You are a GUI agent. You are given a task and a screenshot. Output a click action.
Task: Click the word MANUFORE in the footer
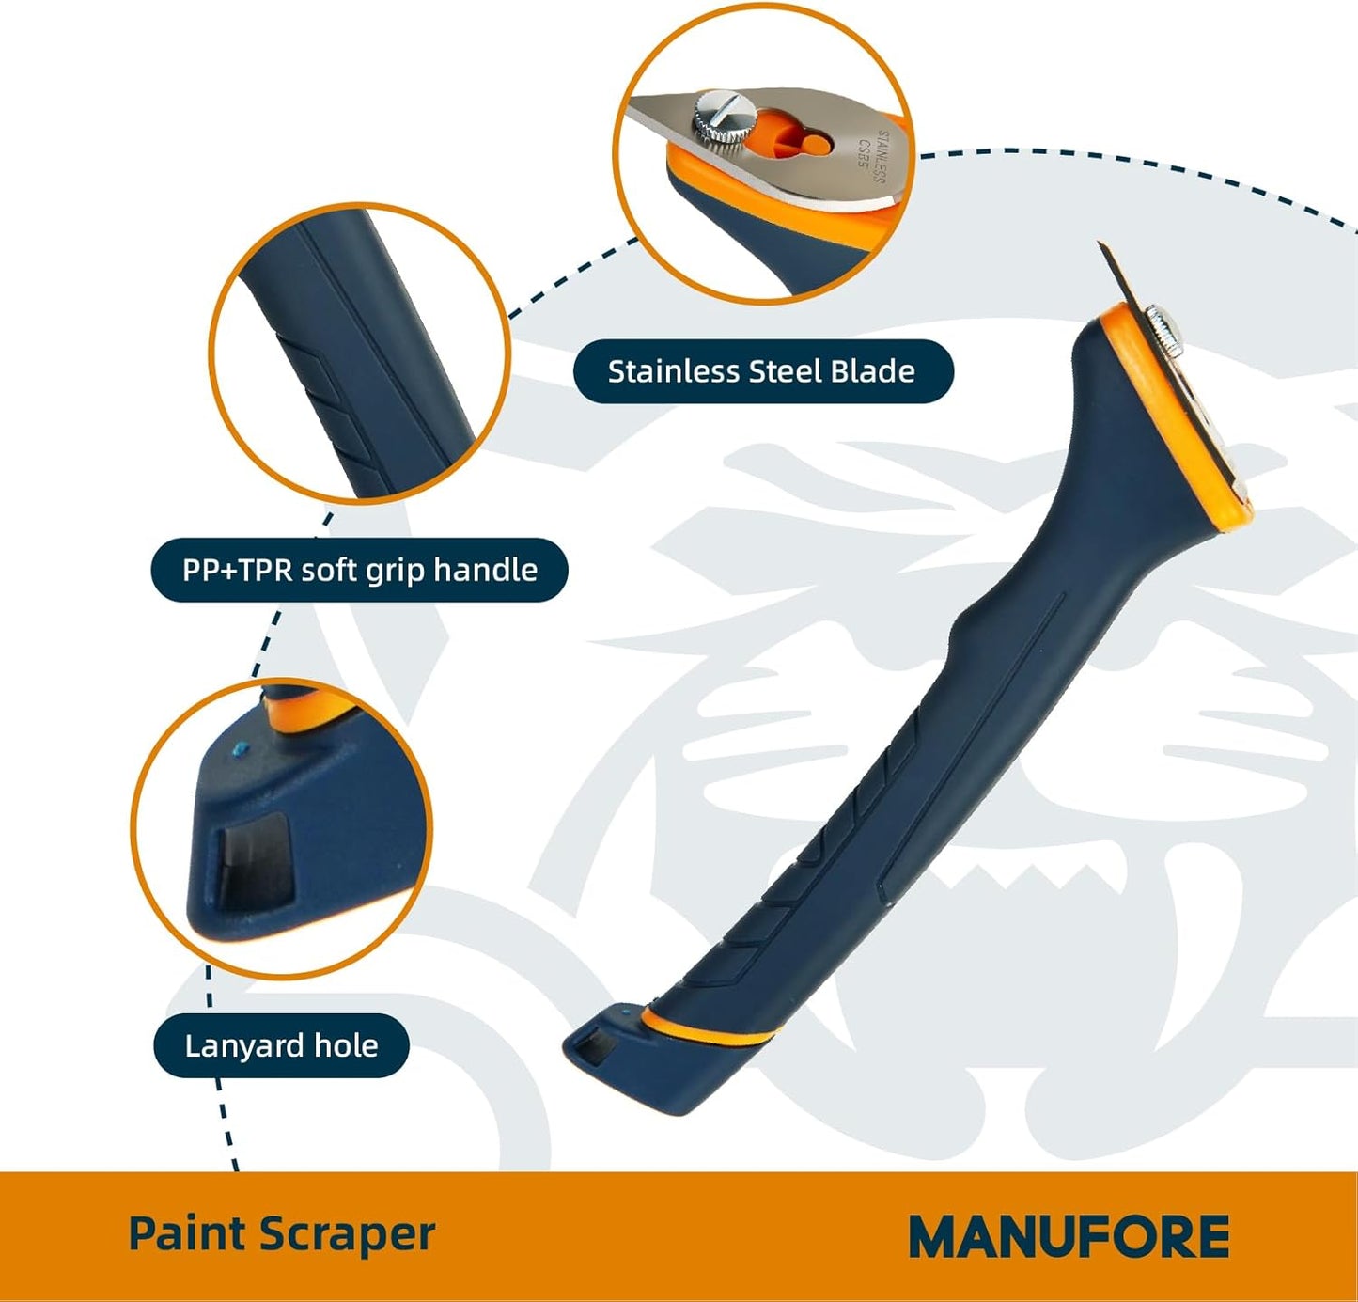1069,1235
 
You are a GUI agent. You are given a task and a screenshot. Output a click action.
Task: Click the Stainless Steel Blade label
763,371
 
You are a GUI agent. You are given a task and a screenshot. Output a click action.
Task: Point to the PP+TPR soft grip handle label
359,570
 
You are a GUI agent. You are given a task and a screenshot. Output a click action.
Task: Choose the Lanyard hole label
281,1045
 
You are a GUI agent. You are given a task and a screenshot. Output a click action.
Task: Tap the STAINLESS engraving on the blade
881,157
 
